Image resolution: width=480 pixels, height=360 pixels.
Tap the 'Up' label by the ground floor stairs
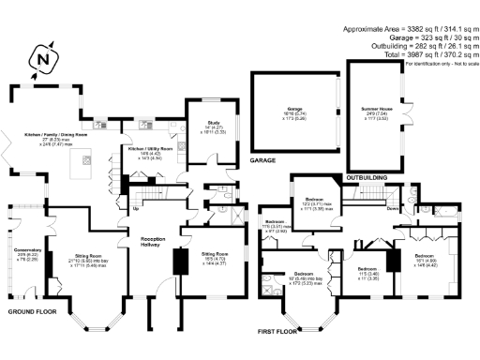tap(137, 209)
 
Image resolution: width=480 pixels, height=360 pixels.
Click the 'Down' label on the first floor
tap(390, 210)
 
